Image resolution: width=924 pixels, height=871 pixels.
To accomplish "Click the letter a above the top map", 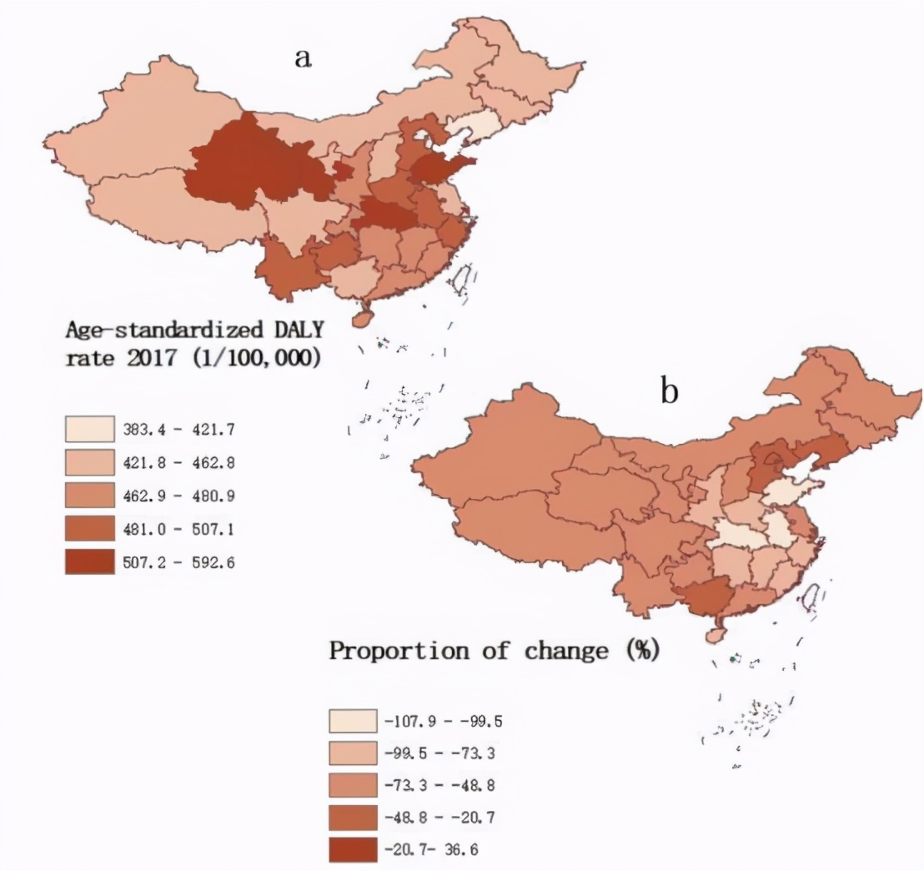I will pyautogui.click(x=302, y=58).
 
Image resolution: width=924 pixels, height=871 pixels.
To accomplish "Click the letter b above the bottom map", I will pyautogui.click(x=669, y=391).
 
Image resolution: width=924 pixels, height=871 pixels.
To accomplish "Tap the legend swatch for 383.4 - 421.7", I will pyautogui.click(x=90, y=429).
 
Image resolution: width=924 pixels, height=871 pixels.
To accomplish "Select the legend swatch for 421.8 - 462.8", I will pyautogui.click(x=90, y=462).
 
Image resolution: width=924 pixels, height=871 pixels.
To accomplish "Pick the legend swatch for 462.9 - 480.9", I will pyautogui.click(x=90, y=496).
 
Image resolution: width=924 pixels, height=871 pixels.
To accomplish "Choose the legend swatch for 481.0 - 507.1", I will pyautogui.click(x=90, y=529).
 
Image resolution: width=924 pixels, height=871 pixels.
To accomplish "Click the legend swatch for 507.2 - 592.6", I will pyautogui.click(x=90, y=562).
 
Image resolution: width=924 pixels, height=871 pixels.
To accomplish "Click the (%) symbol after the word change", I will pyautogui.click(x=641, y=651).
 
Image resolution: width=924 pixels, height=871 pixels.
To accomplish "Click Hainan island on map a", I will pyautogui.click(x=364, y=318).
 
